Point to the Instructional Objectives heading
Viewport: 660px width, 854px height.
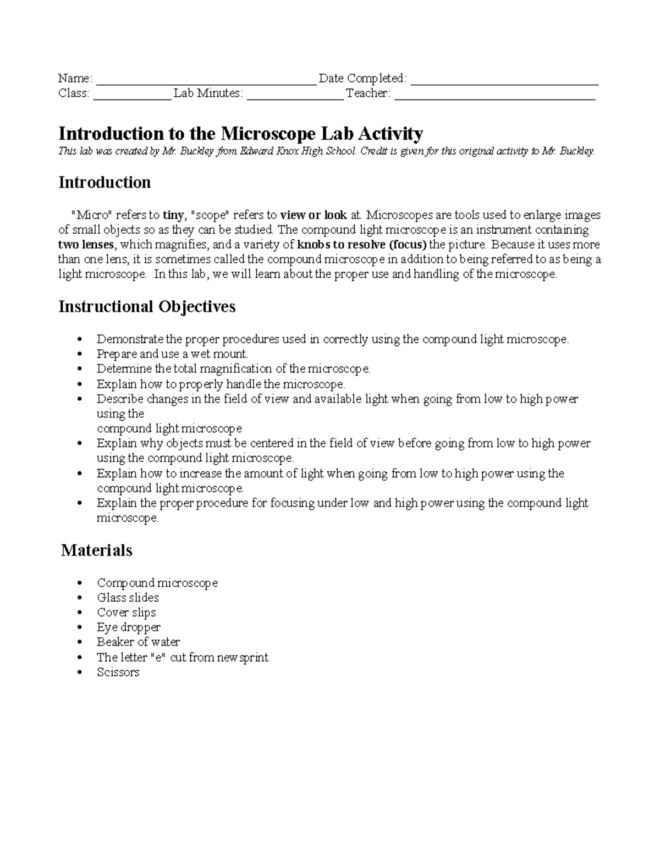pyautogui.click(x=147, y=306)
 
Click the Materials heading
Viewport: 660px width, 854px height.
pyautogui.click(x=97, y=550)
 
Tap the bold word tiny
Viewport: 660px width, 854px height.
pyautogui.click(x=173, y=214)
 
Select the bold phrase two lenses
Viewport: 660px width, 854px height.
pyautogui.click(x=86, y=244)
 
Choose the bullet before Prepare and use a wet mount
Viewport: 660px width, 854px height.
pyautogui.click(x=80, y=354)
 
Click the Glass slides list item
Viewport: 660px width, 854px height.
pyautogui.click(x=128, y=597)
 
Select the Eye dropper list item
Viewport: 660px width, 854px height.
pyautogui.click(x=129, y=627)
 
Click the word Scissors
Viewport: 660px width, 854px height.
pyautogui.click(x=118, y=672)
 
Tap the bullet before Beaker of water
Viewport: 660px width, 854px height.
pyautogui.click(x=80, y=642)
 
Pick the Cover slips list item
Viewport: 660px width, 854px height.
pyautogui.click(x=126, y=612)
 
